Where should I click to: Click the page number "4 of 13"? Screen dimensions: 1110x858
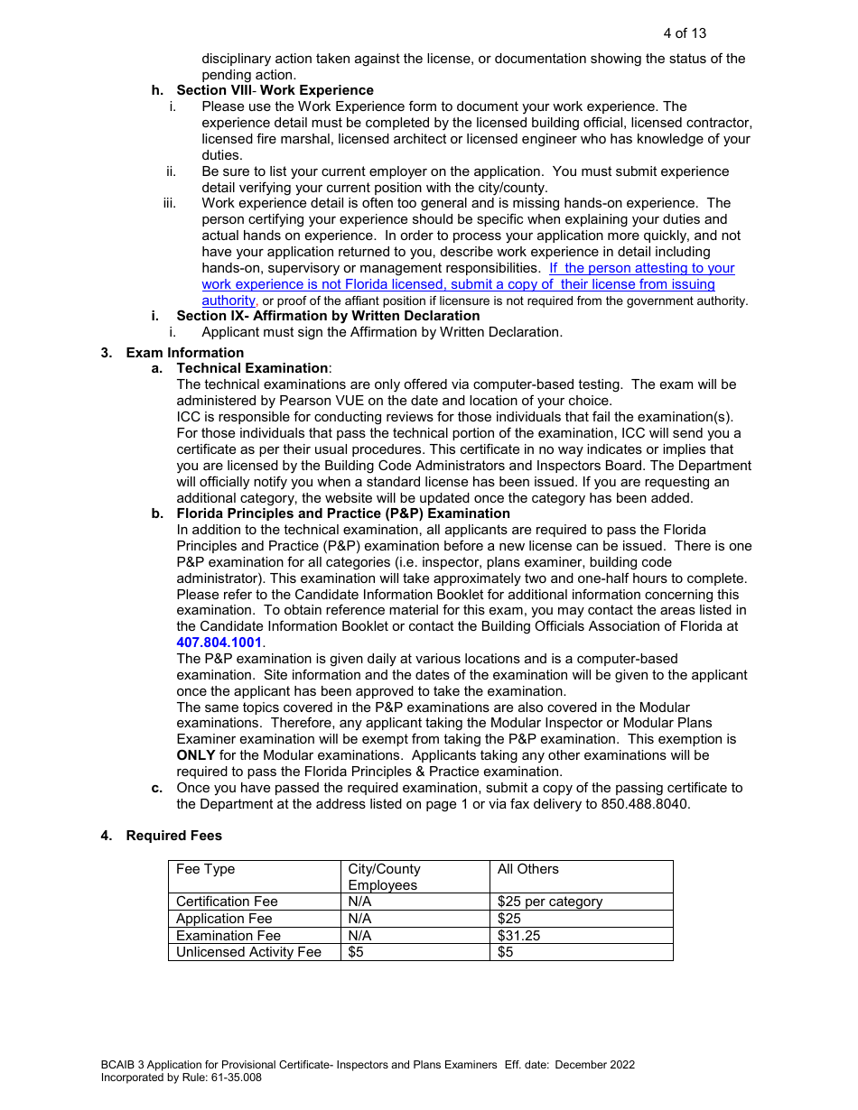point(685,33)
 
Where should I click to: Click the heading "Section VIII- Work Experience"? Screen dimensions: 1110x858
point(275,90)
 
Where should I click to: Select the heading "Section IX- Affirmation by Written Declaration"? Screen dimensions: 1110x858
point(328,316)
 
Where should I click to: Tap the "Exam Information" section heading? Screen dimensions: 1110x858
point(184,353)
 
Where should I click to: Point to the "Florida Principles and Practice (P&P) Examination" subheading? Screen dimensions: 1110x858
point(343,513)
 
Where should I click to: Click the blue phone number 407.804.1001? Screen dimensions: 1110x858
point(219,643)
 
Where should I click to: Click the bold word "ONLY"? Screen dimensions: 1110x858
point(196,755)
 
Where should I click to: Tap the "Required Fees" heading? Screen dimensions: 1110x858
point(173,836)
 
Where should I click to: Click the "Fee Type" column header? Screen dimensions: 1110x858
point(205,869)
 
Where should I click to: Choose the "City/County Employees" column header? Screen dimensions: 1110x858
point(384,877)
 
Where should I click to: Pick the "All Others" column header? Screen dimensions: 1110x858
point(527,869)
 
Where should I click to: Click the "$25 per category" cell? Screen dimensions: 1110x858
point(549,902)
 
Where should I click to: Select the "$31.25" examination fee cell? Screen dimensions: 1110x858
point(518,936)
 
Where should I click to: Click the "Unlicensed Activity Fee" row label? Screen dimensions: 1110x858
point(248,952)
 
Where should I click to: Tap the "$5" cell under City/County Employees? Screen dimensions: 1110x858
point(356,952)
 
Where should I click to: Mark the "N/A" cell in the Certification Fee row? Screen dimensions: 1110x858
point(359,902)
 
